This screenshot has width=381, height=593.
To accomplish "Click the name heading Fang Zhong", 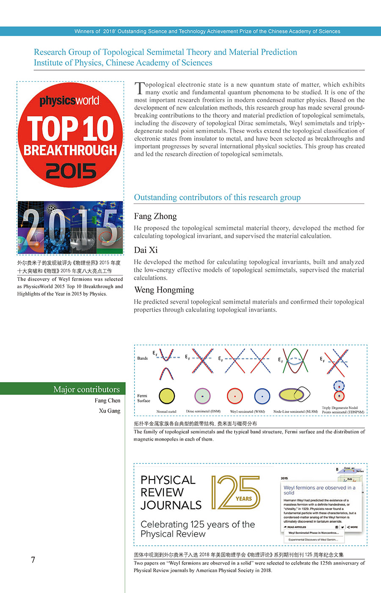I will (x=155, y=216).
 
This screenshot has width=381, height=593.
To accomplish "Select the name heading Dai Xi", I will (x=146, y=250).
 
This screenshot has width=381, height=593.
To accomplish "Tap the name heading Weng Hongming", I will (x=164, y=290).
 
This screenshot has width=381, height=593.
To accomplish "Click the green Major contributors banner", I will (x=63, y=389).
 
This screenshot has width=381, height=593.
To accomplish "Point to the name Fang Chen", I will (x=107, y=400).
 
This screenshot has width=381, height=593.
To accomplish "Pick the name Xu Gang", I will (x=109, y=411).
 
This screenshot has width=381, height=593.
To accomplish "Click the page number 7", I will (x=33, y=560).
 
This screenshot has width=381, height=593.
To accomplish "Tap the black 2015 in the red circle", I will (x=71, y=171).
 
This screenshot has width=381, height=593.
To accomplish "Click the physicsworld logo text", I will (x=69, y=101).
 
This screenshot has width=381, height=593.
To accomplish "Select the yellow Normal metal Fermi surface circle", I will (x=166, y=396).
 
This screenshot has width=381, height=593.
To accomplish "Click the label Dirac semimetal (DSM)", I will (x=203, y=411).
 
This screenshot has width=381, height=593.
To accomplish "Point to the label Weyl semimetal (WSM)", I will (x=247, y=411).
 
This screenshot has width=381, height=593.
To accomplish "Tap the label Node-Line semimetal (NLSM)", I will (x=295, y=411).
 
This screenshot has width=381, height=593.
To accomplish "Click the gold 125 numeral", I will (x=235, y=492).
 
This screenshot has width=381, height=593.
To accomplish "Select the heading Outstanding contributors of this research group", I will (x=217, y=198).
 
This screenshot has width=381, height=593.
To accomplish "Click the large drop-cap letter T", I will (x=139, y=88).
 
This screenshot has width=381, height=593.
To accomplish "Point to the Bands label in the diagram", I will (x=142, y=358).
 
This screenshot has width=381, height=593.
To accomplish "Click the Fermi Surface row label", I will (x=144, y=398).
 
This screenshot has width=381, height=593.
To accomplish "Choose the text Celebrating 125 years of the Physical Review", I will (x=197, y=529).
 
